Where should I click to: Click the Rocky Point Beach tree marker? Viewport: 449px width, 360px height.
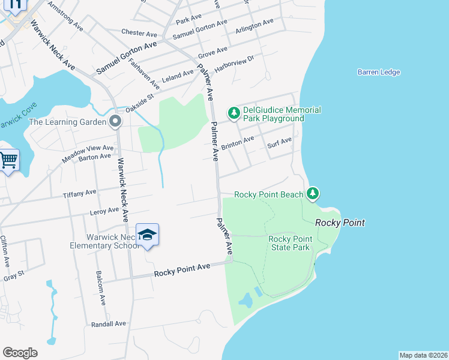click(x=312, y=193)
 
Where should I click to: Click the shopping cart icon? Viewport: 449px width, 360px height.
click(x=8, y=160)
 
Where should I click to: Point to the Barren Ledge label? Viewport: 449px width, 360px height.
click(x=379, y=73)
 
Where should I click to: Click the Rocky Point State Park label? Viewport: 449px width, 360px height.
click(x=289, y=243)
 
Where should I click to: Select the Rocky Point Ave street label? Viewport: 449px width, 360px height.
click(x=182, y=269)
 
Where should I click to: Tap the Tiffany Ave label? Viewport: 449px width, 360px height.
click(x=79, y=193)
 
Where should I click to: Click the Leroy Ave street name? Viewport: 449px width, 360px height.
click(x=104, y=211)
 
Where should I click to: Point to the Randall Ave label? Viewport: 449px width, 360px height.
click(x=108, y=323)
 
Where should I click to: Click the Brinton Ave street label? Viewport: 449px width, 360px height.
click(x=237, y=144)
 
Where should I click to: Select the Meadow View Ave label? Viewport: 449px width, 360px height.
click(x=88, y=153)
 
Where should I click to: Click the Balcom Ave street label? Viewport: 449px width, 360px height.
click(x=101, y=289)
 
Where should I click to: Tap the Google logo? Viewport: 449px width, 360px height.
click(x=20, y=352)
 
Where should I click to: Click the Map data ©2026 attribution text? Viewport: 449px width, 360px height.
click(x=423, y=355)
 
